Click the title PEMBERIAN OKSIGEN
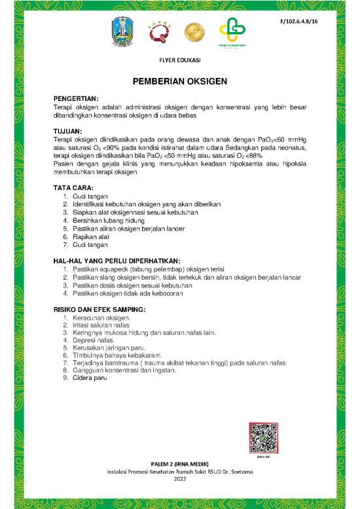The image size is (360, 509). point(180,82)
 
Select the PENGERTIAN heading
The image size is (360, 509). point(75,98)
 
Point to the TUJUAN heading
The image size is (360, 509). point(67,130)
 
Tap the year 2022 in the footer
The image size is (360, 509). point(180,478)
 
